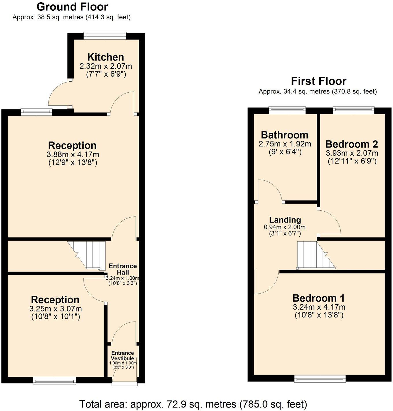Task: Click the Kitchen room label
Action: click(x=105, y=57)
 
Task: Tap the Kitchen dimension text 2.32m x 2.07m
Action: click(x=106, y=66)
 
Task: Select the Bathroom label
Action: click(x=285, y=135)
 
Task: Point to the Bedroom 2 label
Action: click(x=352, y=144)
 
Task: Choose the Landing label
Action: click(x=285, y=220)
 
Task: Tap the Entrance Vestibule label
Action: click(x=123, y=356)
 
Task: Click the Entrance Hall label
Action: click(x=123, y=269)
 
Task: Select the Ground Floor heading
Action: click(x=72, y=7)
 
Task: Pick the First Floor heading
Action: click(x=318, y=81)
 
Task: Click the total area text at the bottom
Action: click(x=193, y=404)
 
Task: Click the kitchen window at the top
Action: click(x=105, y=36)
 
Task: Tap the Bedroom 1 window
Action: click(x=320, y=379)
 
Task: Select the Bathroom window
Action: click(x=287, y=110)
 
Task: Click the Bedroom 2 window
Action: click(x=353, y=110)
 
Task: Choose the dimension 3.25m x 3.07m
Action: click(x=55, y=309)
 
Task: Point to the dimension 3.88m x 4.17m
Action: click(x=73, y=154)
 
